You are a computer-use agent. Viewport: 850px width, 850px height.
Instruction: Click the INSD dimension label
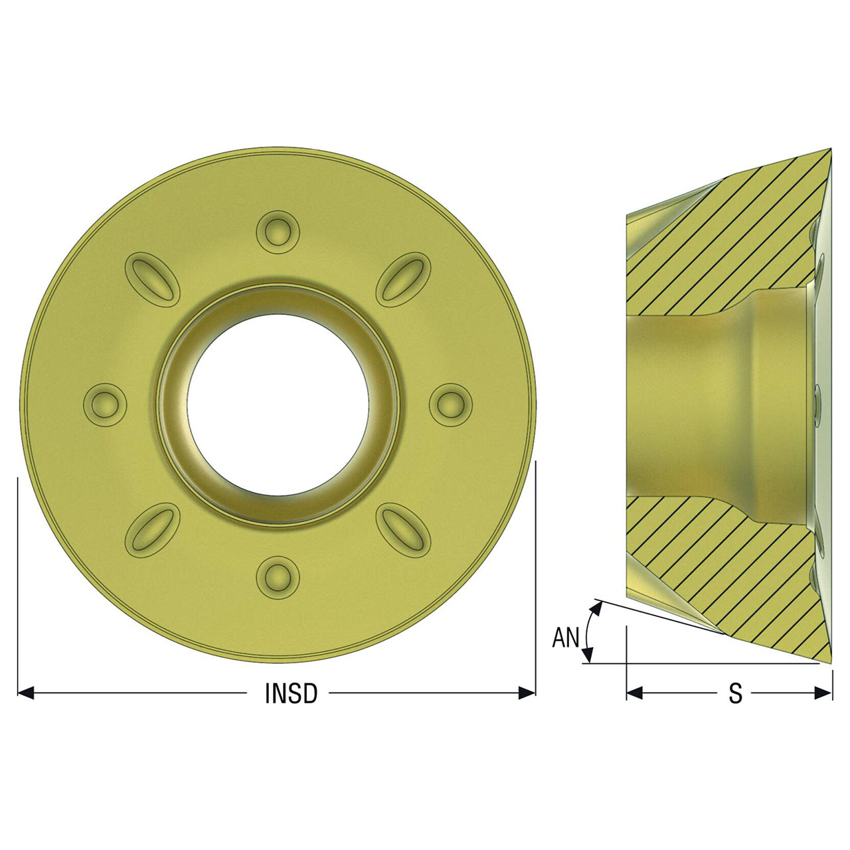291,693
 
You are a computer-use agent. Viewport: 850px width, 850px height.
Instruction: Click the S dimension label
735,693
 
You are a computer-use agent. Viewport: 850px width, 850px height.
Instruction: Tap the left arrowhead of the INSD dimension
26,693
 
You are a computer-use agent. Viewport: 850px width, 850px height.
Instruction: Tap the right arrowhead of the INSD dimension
527,693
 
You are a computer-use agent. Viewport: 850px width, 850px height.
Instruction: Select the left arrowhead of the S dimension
635,693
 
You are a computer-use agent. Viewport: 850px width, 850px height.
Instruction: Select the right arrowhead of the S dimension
823,693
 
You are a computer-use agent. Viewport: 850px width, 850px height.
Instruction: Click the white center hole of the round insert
278,404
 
